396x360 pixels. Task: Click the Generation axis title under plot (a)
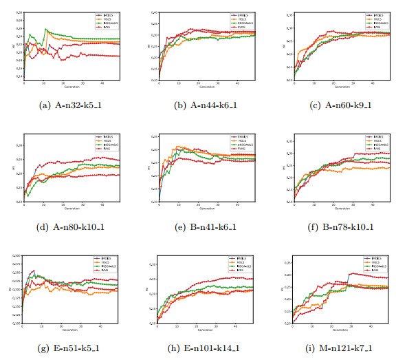tap(71, 87)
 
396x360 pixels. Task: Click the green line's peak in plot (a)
tap(45, 29)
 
